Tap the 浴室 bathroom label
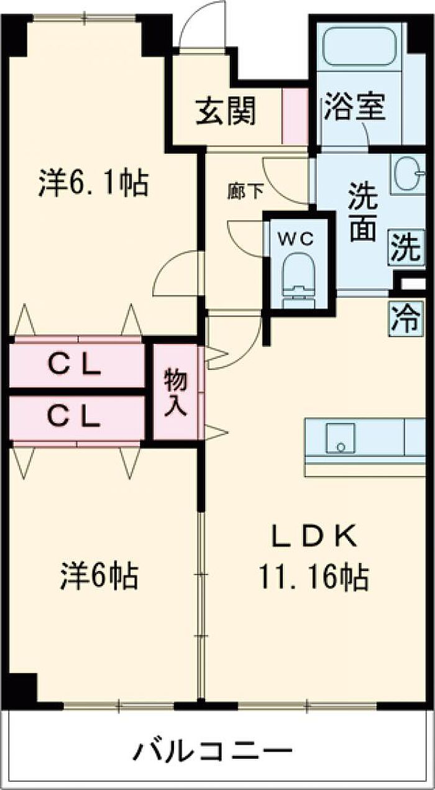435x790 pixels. (x=354, y=106)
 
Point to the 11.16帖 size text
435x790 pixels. (x=314, y=578)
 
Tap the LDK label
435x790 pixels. (x=314, y=537)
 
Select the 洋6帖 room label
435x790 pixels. (x=99, y=576)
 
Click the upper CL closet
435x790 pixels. (x=76, y=366)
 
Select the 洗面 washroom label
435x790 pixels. (x=362, y=212)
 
